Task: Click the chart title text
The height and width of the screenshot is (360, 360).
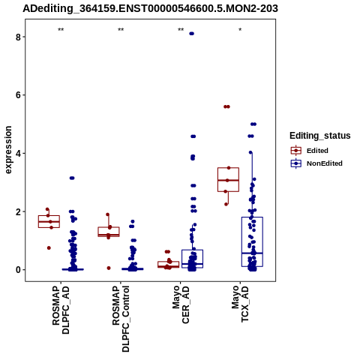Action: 150,8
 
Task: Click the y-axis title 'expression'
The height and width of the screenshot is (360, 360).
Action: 8,150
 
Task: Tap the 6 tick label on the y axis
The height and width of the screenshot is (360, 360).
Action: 18,95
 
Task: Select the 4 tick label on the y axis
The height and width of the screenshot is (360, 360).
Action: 18,154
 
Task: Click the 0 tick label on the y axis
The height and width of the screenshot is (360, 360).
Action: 18,270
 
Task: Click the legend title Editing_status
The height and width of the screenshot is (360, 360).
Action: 320,136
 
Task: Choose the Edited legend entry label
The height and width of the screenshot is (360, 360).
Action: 317,151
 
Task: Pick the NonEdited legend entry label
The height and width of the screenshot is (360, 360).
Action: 325,163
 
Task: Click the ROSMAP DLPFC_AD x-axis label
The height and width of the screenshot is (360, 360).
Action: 61,310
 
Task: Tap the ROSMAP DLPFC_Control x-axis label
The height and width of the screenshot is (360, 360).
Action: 121,319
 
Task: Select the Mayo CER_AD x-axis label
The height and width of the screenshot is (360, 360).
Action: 181,305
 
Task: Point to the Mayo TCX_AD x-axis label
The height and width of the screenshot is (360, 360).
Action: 240,304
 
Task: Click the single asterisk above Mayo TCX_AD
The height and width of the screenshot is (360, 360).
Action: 240,30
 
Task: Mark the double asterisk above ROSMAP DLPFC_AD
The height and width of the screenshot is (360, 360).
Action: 61,30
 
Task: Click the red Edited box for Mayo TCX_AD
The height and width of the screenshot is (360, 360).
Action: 228,180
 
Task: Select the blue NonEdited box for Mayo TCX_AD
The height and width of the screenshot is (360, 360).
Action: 252,241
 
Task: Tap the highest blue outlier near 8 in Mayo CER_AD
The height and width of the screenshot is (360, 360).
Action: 192,34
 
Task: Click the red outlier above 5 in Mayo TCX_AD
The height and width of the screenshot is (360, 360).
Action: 226,106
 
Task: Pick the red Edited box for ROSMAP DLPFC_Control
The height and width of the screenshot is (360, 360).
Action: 109,232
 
